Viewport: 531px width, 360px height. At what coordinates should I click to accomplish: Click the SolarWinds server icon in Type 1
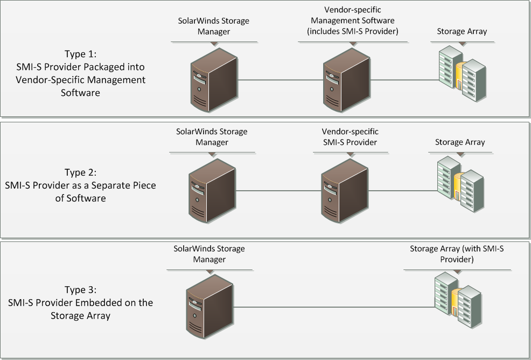(x=213, y=79)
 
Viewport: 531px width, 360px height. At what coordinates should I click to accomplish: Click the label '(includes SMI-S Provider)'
(x=352, y=31)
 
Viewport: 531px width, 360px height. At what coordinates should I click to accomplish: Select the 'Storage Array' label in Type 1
(x=462, y=31)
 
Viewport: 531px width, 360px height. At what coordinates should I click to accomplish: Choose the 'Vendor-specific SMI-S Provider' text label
(x=350, y=137)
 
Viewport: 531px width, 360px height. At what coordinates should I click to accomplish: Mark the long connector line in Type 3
(x=334, y=307)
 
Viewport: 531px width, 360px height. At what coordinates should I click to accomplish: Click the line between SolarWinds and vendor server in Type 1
(x=280, y=80)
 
